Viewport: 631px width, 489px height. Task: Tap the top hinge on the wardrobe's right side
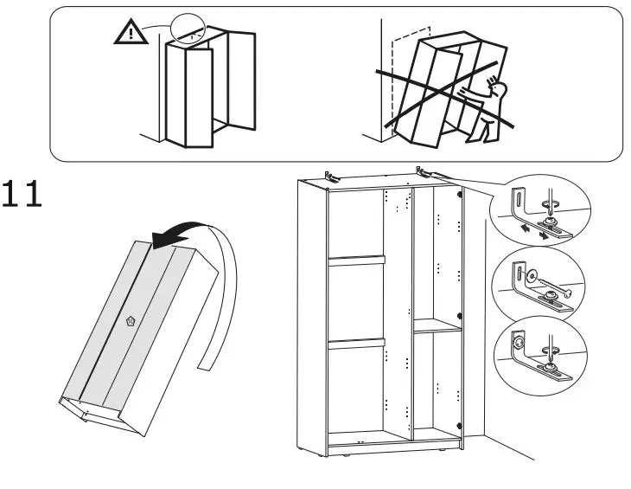pos(459,194)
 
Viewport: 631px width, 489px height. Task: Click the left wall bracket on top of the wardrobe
pos(329,176)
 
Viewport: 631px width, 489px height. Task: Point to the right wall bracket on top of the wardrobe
pos(423,171)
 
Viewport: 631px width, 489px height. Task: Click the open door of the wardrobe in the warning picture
pos(241,82)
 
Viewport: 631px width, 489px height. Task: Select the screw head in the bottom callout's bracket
pos(517,342)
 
